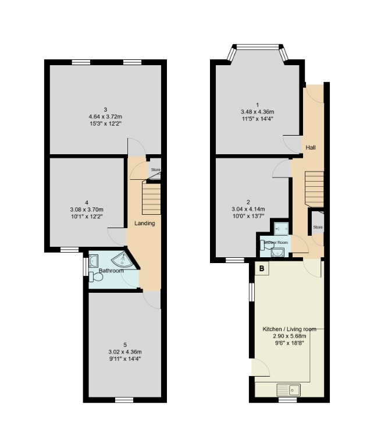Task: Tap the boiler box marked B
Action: click(262, 268)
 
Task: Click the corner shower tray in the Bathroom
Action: click(126, 260)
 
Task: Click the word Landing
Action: click(144, 223)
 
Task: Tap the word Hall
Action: click(311, 148)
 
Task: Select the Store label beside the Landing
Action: click(155, 170)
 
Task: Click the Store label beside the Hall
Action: click(317, 227)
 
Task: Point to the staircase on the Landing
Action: click(151, 197)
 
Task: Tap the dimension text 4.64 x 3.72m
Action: click(105, 116)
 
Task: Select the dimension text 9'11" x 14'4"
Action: click(125, 359)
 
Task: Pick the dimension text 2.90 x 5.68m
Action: click(285, 336)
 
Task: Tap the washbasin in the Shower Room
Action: click(279, 251)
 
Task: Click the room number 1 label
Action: click(257, 105)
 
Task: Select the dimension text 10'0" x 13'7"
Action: click(248, 216)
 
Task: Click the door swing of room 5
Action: click(152, 300)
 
